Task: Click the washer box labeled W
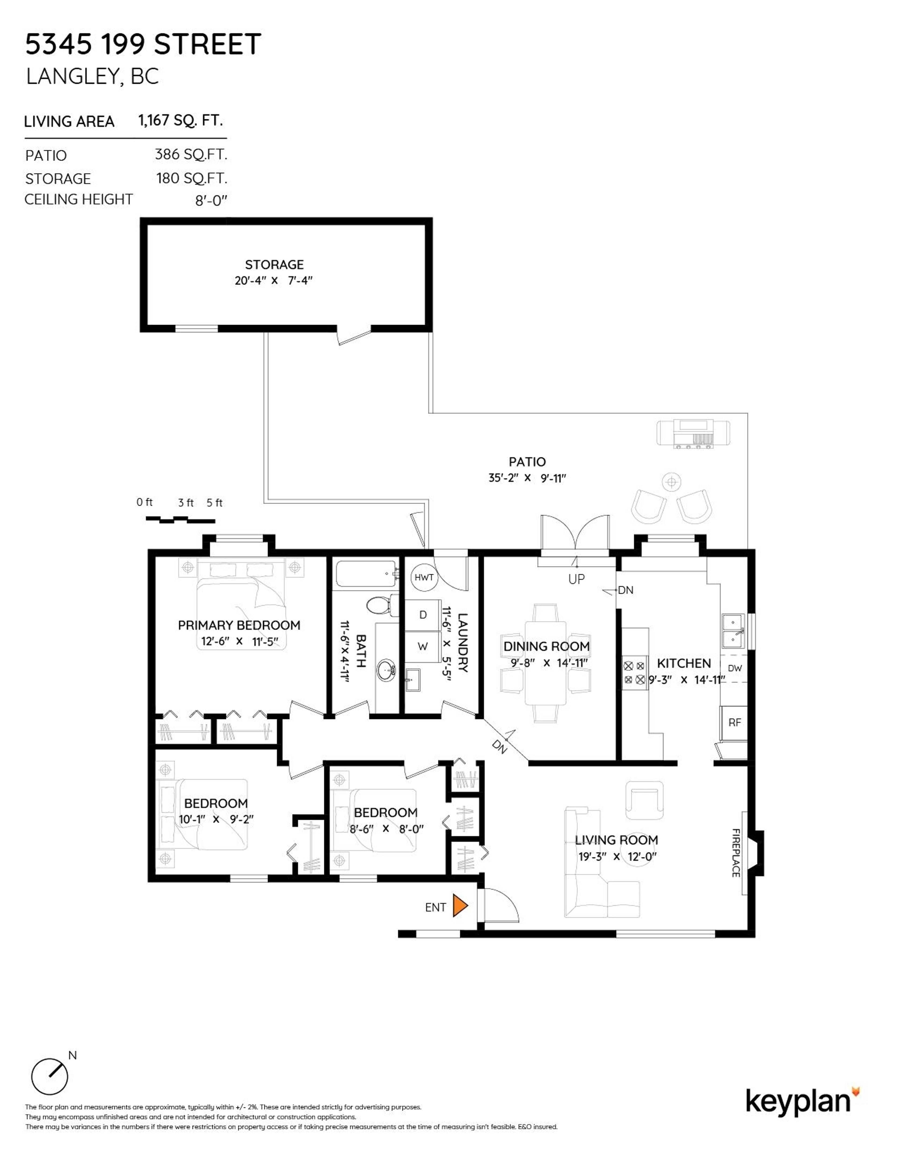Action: tap(423, 646)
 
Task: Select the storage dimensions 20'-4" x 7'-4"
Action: tap(273, 280)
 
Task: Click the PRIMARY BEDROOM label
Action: tap(239, 625)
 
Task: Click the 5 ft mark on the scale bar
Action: tap(214, 503)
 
